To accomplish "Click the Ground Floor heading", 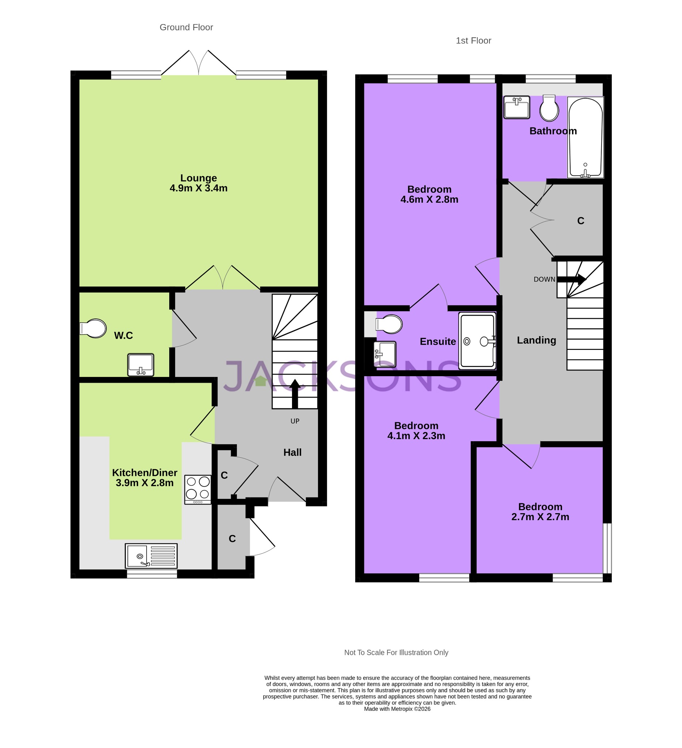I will (186, 27).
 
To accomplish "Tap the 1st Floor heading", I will (473, 41).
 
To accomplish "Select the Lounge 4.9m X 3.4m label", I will (198, 183).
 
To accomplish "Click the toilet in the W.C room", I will (94, 328).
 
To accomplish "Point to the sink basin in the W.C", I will (141, 365).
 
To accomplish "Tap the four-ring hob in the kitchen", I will (197, 489).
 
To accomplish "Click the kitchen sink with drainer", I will (151, 556).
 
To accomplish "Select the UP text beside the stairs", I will (295, 421).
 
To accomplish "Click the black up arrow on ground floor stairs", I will (295, 394).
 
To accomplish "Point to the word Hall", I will (292, 452).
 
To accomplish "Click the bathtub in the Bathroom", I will (585, 137).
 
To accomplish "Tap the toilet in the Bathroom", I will (549, 108).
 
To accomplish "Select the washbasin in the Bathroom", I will (516, 107).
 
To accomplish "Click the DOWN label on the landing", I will (544, 279).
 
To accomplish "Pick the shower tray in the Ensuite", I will (477, 341).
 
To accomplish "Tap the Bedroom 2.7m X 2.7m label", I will (540, 512).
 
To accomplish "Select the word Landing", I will (536, 340).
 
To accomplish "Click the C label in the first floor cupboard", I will (580, 221).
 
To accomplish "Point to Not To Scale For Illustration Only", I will (396, 652).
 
